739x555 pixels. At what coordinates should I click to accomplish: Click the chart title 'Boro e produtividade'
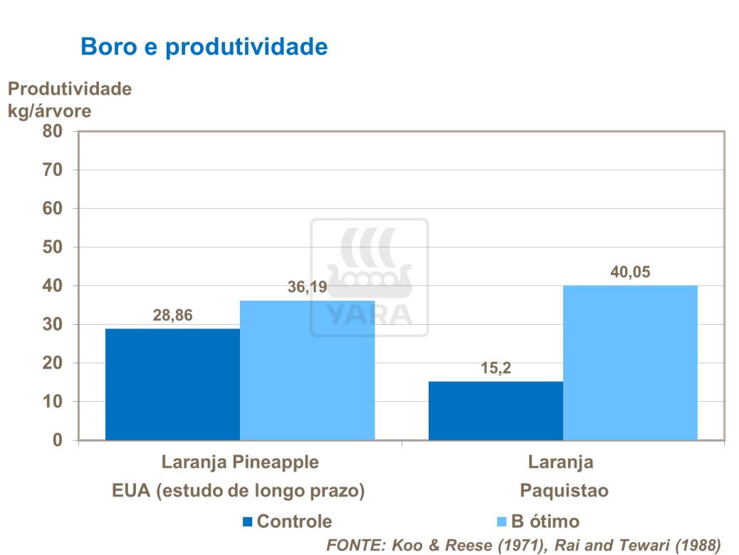click(204, 46)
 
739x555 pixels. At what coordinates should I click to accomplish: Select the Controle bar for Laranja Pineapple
click(172, 384)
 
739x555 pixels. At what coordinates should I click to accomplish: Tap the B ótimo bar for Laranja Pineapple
click(307, 370)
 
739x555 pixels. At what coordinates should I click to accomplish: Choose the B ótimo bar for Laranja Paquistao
click(630, 363)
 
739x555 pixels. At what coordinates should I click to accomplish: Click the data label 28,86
click(173, 315)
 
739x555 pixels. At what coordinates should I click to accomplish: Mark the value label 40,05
click(630, 271)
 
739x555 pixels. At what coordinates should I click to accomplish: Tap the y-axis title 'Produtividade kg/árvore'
click(69, 100)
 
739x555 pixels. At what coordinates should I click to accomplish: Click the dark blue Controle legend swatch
click(247, 522)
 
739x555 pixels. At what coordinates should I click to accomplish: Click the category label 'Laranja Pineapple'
click(240, 462)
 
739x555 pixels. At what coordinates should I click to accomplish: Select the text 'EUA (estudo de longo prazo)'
click(239, 491)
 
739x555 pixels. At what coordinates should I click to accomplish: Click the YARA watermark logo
click(369, 278)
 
